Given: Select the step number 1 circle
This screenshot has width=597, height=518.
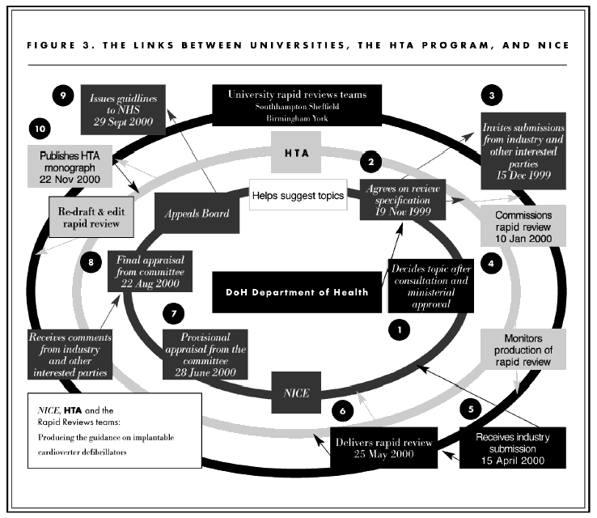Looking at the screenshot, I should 397,329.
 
